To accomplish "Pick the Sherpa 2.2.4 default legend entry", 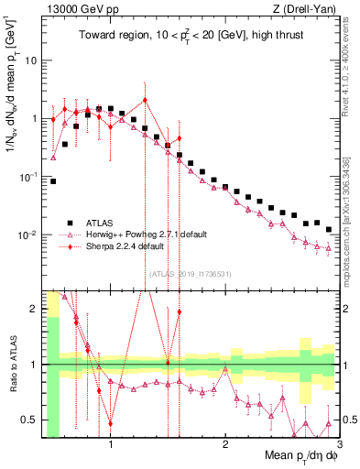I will click(x=125, y=246).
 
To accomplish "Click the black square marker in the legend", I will click(x=70, y=223).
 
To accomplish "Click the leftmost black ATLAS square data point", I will click(x=53, y=181).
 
